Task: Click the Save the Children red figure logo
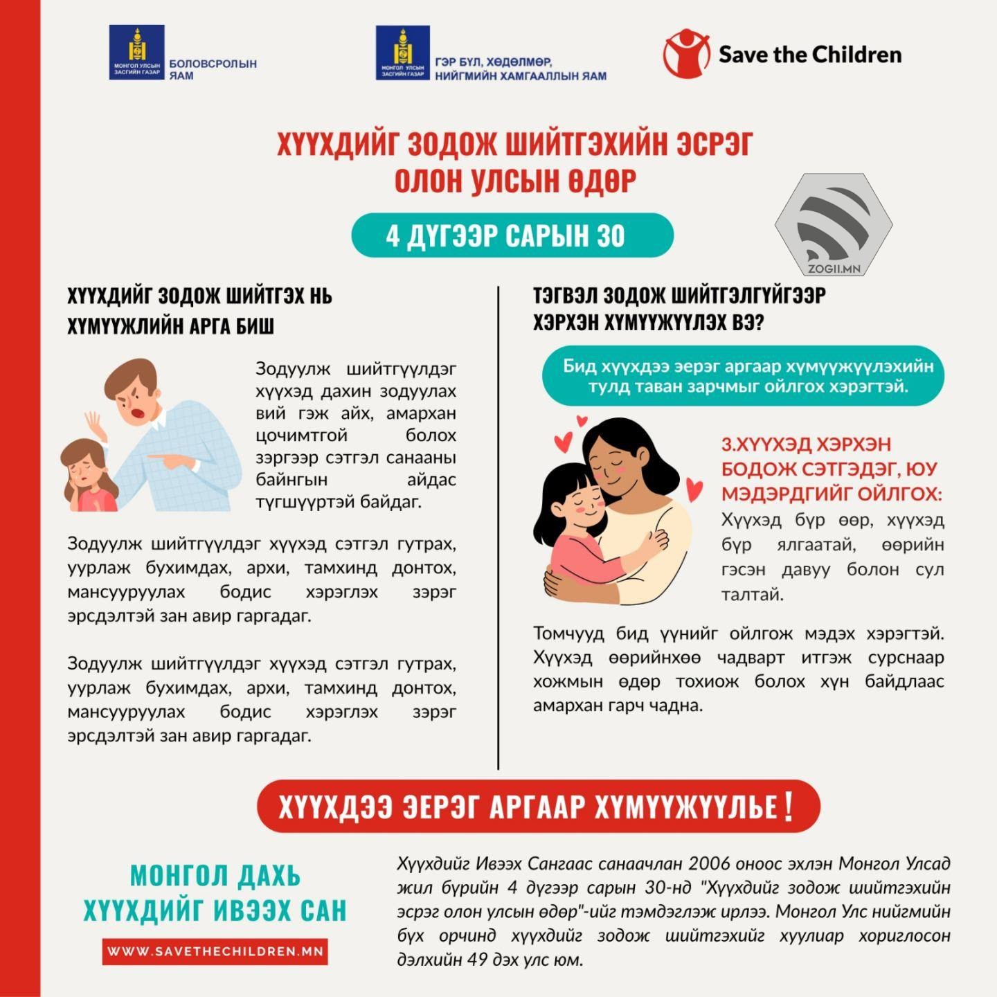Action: click(x=686, y=53)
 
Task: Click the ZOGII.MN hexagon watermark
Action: click(x=834, y=225)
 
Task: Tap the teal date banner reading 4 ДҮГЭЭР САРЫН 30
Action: click(x=512, y=235)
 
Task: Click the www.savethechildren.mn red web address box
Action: click(x=215, y=951)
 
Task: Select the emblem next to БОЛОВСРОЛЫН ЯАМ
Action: click(x=136, y=52)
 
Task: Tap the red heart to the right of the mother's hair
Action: click(x=694, y=490)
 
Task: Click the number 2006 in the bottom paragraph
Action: click(x=712, y=864)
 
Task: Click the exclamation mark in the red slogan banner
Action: click(x=789, y=806)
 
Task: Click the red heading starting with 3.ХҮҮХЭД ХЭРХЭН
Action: click(x=831, y=469)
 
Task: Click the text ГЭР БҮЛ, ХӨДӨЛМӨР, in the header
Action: click(x=493, y=62)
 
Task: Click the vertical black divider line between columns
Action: click(x=498, y=526)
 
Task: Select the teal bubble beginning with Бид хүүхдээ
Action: click(x=743, y=375)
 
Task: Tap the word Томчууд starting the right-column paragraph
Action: click(x=567, y=634)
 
